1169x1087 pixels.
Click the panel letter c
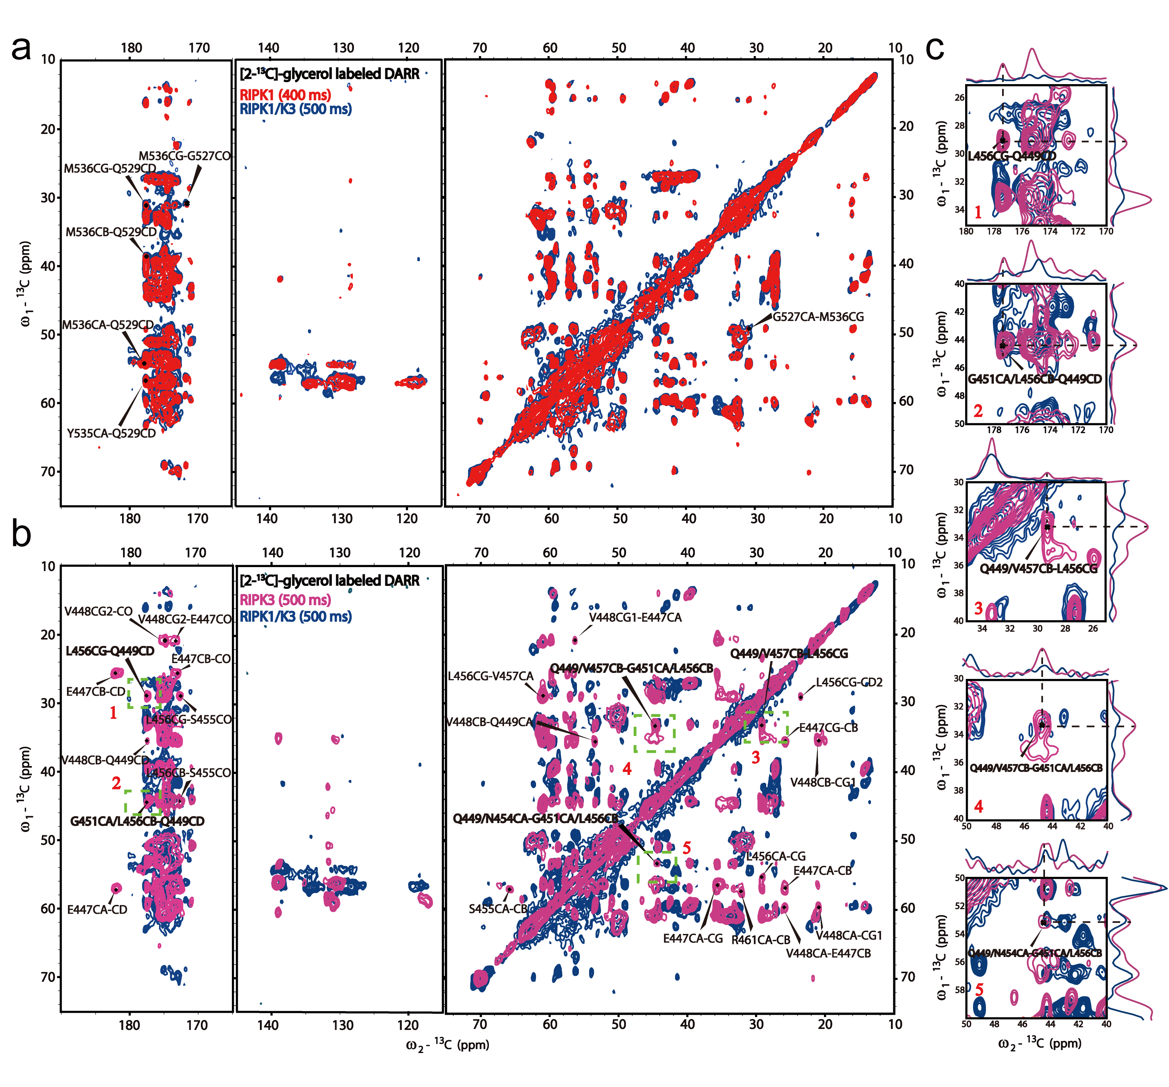click(934, 48)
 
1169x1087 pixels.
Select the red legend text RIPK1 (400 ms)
click(285, 95)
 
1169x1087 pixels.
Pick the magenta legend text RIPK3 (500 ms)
click(285, 600)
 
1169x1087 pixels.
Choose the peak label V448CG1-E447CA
click(635, 617)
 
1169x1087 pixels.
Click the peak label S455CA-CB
click(499, 909)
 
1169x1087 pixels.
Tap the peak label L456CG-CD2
click(848, 682)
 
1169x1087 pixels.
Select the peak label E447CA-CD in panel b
click(97, 910)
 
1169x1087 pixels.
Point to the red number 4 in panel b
click(627, 769)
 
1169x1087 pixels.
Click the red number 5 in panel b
click(686, 847)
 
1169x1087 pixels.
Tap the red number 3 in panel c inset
click(978, 608)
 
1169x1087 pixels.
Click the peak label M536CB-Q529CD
click(111, 232)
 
